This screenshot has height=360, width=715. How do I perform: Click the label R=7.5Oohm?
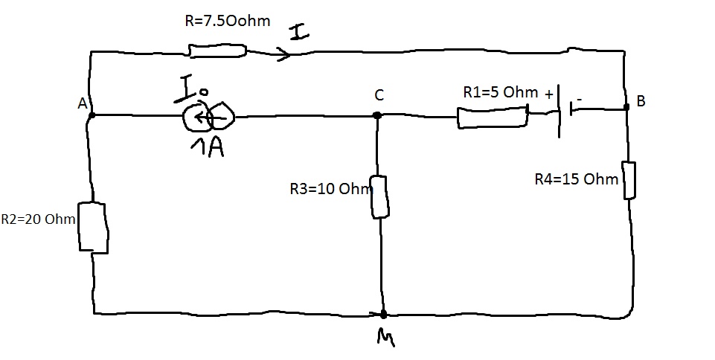tap(227, 22)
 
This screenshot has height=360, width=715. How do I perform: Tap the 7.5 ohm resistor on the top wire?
tap(217, 51)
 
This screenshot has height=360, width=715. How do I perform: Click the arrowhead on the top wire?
tap(283, 54)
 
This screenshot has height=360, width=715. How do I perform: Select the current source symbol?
tap(210, 115)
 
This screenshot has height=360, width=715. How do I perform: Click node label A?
tap(83, 105)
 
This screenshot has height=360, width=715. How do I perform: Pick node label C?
tap(379, 95)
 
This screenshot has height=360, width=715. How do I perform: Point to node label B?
tap(641, 102)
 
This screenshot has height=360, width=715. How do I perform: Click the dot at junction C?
tap(377, 115)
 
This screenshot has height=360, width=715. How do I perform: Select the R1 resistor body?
tap(492, 118)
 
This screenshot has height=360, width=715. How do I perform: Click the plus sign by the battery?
tap(549, 94)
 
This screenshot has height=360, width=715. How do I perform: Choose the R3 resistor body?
tap(379, 196)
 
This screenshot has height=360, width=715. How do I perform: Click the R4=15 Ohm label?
tap(577, 179)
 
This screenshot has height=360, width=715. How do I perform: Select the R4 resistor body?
tap(629, 180)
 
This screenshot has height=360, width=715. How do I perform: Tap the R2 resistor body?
tap(94, 228)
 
